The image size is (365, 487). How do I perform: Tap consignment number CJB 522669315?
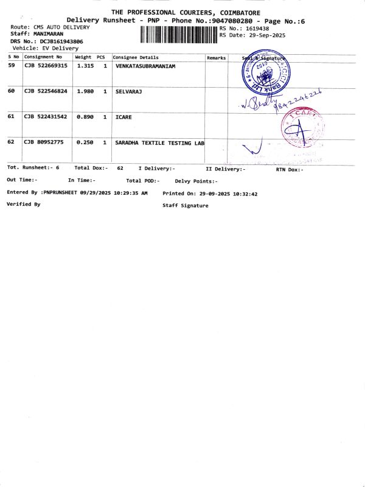click(46, 66)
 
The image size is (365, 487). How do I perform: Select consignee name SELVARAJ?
click(128, 91)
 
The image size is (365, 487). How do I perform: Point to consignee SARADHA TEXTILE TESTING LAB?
click(159, 142)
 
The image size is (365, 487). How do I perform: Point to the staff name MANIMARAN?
click(48, 34)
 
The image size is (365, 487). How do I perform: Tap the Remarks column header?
click(216, 58)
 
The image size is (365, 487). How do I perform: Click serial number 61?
click(11, 116)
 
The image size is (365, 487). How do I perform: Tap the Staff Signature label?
click(185, 206)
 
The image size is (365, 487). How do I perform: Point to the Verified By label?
click(23, 204)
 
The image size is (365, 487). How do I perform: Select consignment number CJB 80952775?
click(43, 142)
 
